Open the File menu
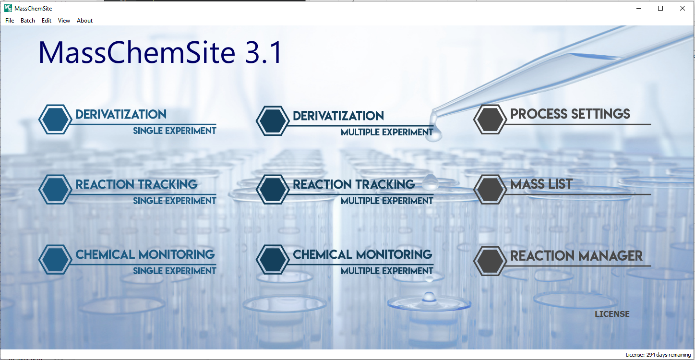(x=10, y=21)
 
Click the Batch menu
(x=28, y=21)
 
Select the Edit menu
(x=47, y=21)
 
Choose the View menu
(x=64, y=21)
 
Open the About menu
(x=84, y=21)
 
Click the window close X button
(x=682, y=8)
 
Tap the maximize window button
(x=660, y=8)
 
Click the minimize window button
(x=638, y=8)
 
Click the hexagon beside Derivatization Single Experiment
(x=55, y=120)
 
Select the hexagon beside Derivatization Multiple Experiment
(x=273, y=121)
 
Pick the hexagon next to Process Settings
(x=490, y=120)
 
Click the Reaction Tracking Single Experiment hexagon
(x=55, y=189)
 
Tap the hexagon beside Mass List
(x=490, y=189)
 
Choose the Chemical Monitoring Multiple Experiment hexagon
(x=273, y=260)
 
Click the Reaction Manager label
(x=576, y=256)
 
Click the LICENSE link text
(x=612, y=314)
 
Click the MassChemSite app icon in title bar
(x=8, y=8)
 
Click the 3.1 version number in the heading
(x=263, y=52)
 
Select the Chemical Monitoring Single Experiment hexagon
(x=55, y=260)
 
